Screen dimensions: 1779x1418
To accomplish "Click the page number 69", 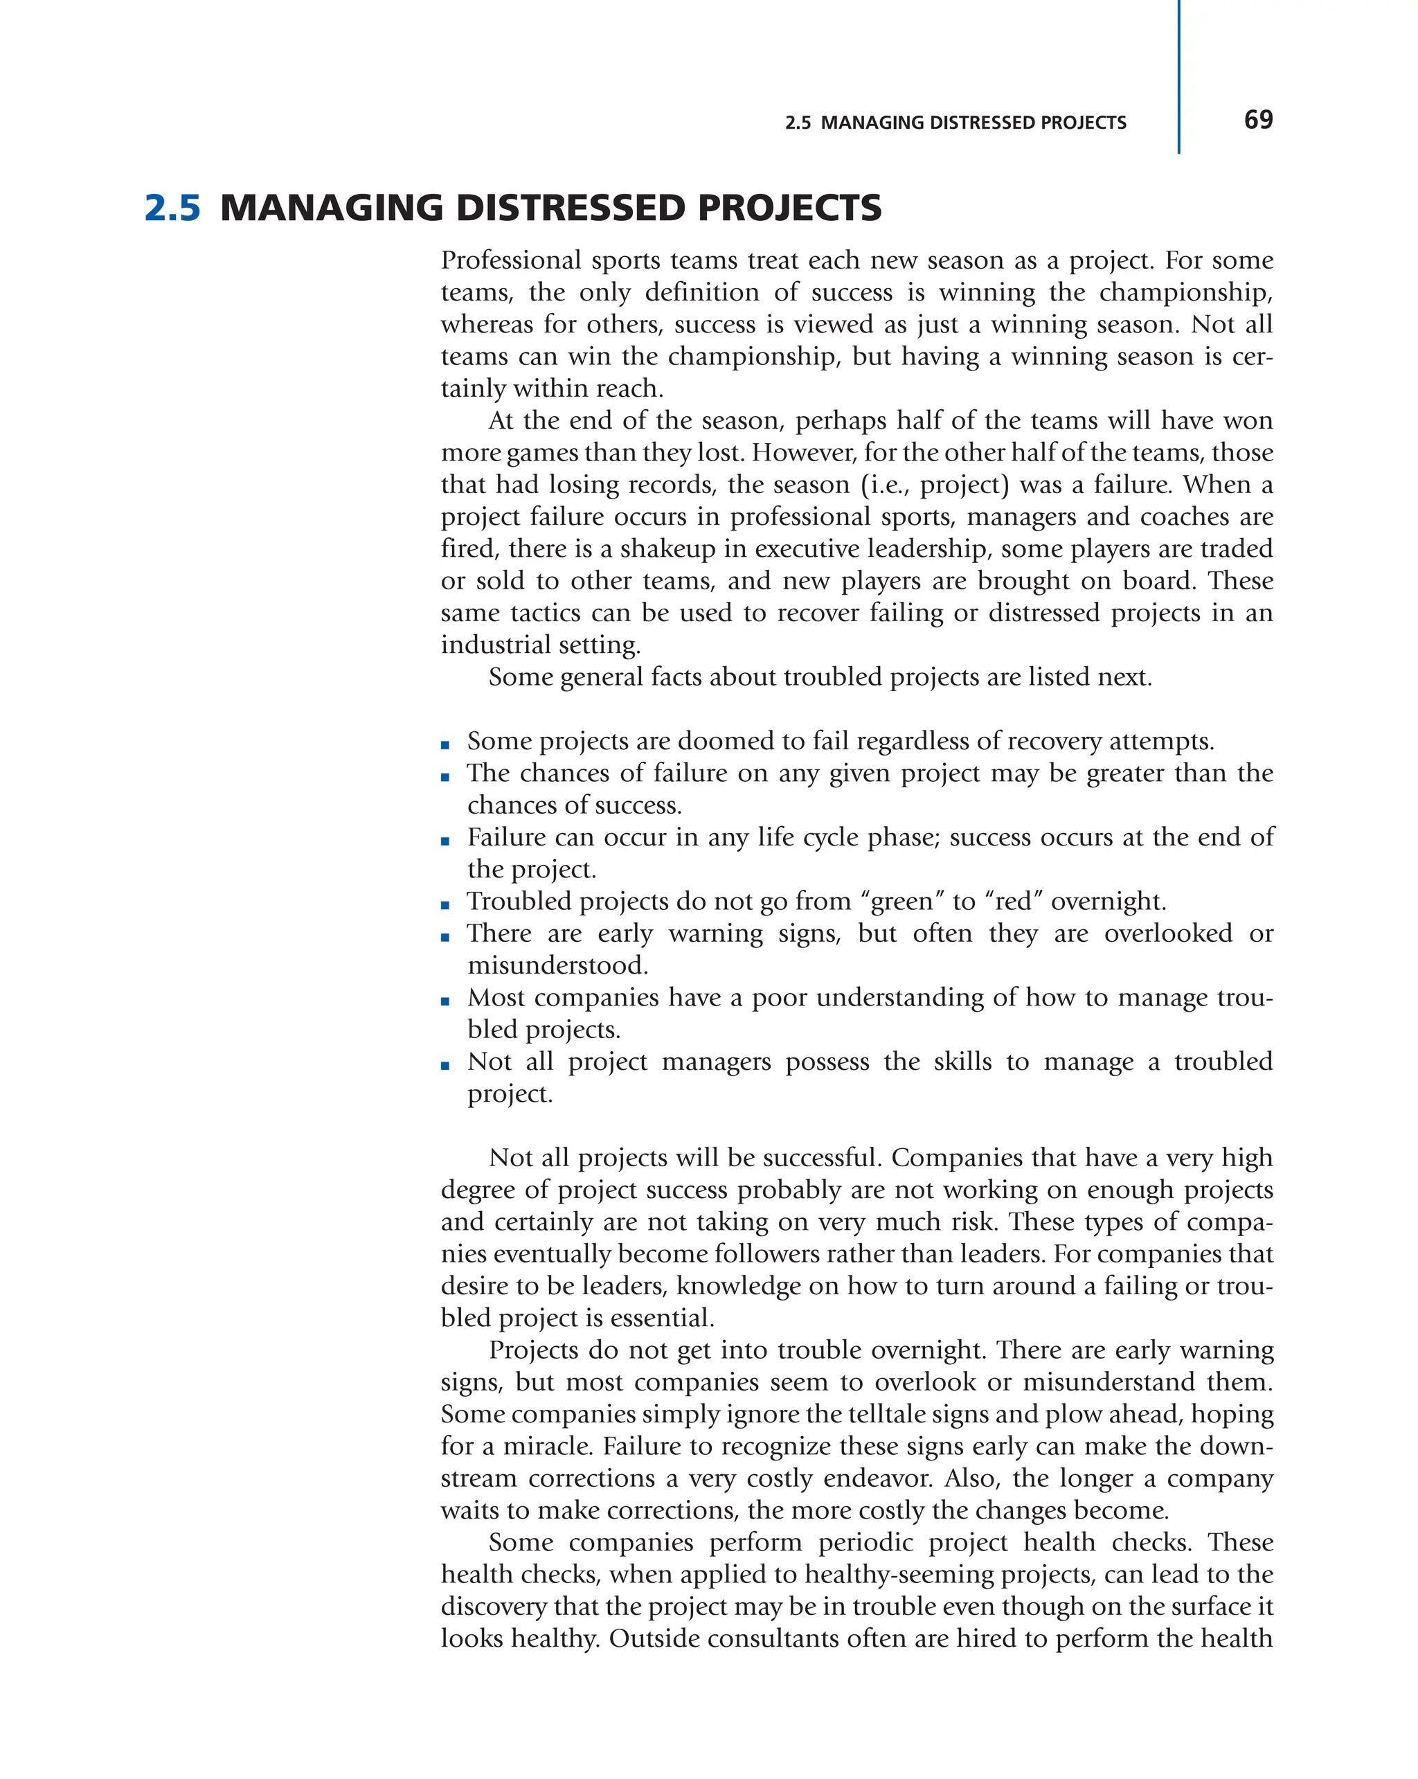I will (x=1257, y=120).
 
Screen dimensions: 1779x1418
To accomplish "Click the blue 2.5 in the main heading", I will (x=172, y=208).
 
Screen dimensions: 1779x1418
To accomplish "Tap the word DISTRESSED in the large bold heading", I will (x=571, y=208).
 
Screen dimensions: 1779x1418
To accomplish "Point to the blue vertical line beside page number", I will (x=1178, y=76).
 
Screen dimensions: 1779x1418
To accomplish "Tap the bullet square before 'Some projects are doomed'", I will (x=445, y=745).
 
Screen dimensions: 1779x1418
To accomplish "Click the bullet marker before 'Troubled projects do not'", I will (x=445, y=905).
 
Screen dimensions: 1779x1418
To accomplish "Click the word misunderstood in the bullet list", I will (x=557, y=965).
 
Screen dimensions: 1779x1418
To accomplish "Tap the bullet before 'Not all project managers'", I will (x=445, y=1065).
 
